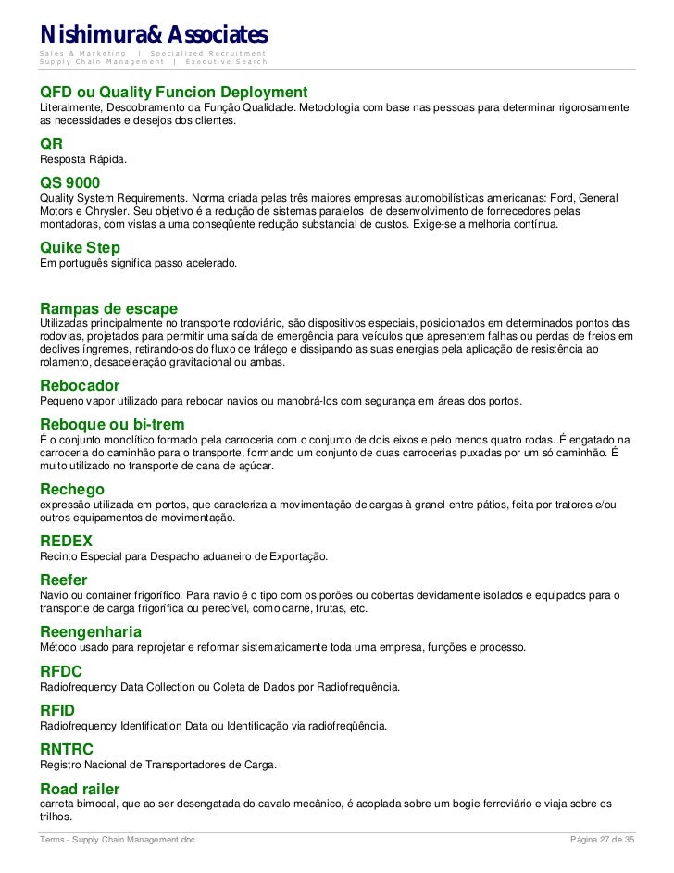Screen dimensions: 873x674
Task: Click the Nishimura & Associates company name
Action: coord(153,34)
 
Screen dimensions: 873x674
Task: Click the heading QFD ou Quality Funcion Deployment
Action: coord(173,94)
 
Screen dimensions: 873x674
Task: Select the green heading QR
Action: coord(52,144)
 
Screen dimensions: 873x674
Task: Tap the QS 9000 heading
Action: coord(70,182)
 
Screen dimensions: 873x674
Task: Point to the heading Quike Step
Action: coord(81,248)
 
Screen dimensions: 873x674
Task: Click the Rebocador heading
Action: coord(80,385)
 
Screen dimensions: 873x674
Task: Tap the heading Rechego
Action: coord(72,489)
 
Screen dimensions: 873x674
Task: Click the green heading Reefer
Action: coord(64,580)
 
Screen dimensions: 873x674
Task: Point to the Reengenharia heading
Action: coord(91,631)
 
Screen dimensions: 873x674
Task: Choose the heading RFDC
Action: coord(61,671)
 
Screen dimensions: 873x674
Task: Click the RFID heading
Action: coord(57,709)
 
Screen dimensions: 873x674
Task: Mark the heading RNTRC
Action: coord(67,749)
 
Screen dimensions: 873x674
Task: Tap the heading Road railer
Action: coord(80,789)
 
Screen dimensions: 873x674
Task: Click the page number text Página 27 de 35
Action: coord(603,839)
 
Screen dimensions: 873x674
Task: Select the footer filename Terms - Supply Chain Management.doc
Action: coord(117,839)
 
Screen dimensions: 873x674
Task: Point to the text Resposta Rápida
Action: coord(83,160)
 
